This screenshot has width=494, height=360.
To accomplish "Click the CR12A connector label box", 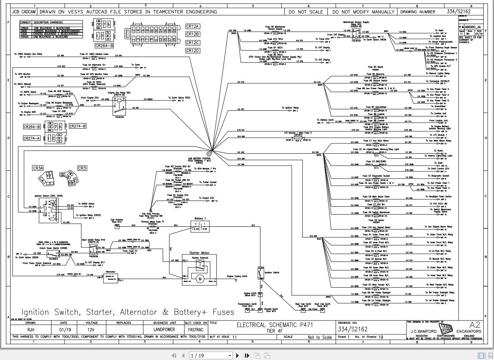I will [192, 26].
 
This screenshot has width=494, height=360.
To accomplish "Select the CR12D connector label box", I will [192, 51].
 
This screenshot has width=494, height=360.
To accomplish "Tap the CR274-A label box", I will [32, 139].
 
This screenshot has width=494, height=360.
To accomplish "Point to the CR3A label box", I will [38, 168].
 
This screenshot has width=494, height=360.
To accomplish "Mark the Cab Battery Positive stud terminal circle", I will [209, 154].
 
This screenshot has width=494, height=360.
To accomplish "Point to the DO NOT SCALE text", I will [305, 12].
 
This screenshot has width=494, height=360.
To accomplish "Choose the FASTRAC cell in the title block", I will [196, 330].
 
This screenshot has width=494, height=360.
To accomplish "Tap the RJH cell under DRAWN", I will [30, 330].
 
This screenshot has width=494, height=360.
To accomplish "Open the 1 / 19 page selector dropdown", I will [211, 355].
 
